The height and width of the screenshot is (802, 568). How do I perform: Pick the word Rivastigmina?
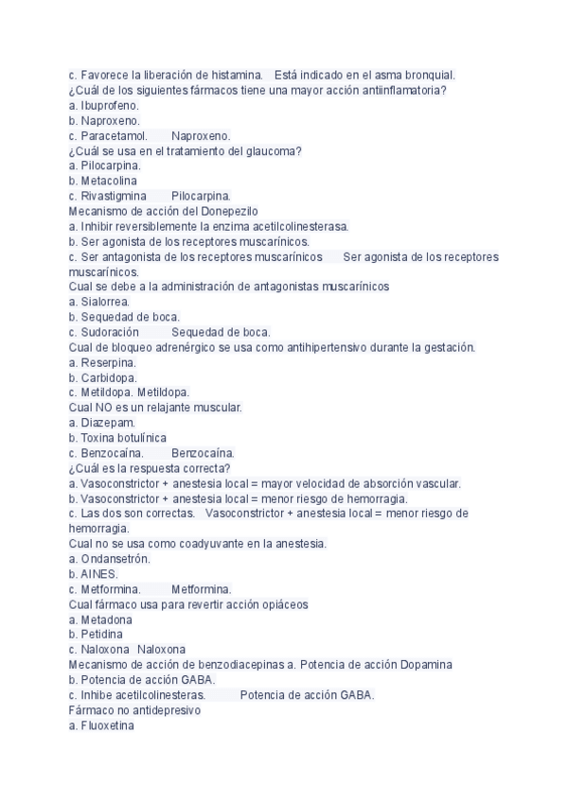click(x=115, y=196)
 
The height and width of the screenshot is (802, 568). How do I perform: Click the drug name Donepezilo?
click(x=226, y=211)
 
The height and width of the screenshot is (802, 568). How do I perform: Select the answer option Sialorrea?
click(x=105, y=302)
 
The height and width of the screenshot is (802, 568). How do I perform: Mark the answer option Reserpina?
click(x=108, y=362)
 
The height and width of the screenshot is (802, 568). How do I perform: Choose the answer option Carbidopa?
click(x=109, y=377)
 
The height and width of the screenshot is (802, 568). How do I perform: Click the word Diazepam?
click(x=108, y=423)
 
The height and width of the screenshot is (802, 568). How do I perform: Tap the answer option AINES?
click(x=99, y=574)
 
